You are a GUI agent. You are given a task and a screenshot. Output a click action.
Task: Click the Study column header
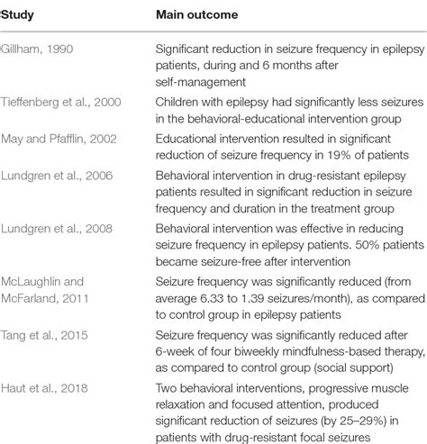(x=19, y=15)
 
